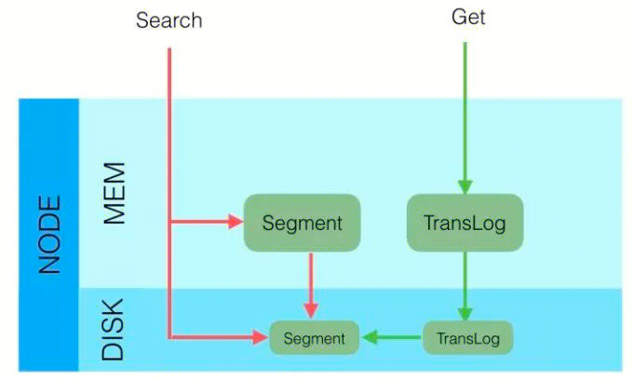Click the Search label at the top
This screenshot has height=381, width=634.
(x=169, y=20)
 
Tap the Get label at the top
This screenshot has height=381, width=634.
(x=468, y=17)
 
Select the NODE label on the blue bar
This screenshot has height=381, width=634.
(x=48, y=234)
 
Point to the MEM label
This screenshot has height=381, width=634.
(x=114, y=194)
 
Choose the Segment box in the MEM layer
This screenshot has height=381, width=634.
(x=302, y=223)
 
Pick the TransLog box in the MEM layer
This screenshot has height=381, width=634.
(x=465, y=223)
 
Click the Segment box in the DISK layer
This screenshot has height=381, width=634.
(x=314, y=337)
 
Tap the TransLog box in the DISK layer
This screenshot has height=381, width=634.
(x=467, y=337)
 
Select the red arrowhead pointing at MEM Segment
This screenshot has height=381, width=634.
(x=234, y=223)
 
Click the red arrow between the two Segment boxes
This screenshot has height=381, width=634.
(x=311, y=282)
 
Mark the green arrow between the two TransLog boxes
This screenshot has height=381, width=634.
(x=465, y=284)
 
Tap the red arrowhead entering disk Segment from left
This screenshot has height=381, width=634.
(x=261, y=337)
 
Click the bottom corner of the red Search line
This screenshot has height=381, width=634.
(x=169, y=337)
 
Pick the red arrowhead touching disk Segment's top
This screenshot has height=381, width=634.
(x=311, y=312)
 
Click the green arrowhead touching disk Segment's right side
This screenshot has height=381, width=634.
(x=369, y=337)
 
